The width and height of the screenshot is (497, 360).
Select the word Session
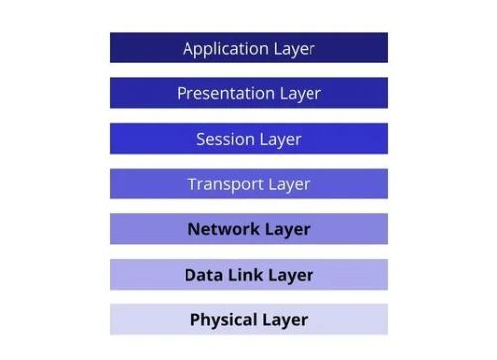[x=224, y=139]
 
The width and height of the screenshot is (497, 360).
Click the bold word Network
[x=224, y=229]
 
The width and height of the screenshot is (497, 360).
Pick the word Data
[x=202, y=275]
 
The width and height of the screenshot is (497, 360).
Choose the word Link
[x=244, y=275]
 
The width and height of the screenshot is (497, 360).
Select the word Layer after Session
[x=279, y=140]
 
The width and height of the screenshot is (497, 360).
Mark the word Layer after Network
[x=288, y=230]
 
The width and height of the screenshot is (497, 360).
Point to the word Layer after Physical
[x=286, y=321]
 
